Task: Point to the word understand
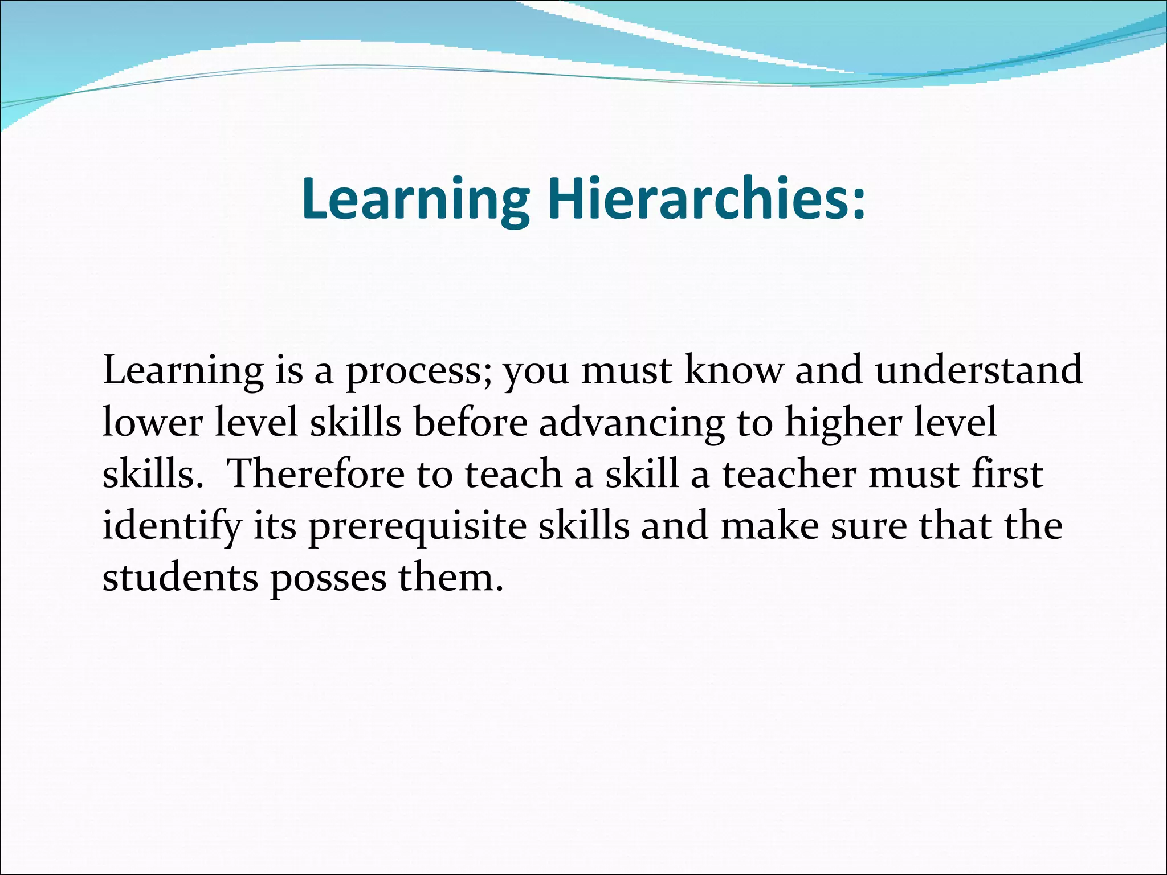pos(978,370)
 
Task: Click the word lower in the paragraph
pos(153,423)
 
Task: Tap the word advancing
pos(632,423)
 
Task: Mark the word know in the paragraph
pos(733,370)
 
